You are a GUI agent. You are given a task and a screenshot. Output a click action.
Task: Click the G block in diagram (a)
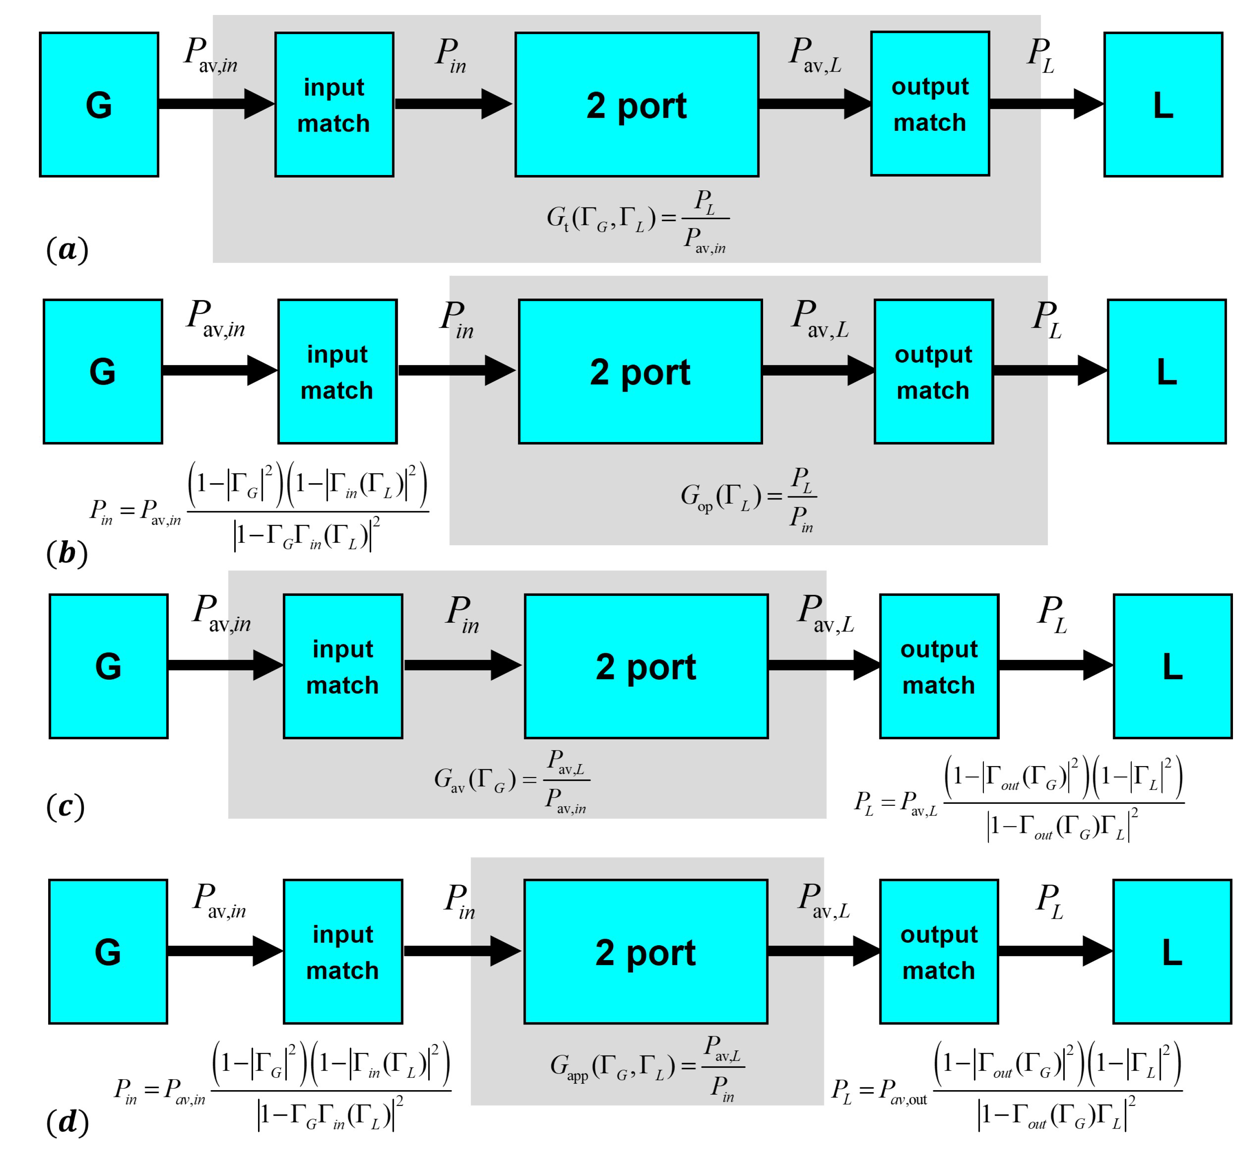(x=99, y=105)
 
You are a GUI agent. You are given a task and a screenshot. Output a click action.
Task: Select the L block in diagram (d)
(x=1172, y=952)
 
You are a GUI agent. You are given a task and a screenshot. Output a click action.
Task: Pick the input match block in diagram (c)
(x=342, y=666)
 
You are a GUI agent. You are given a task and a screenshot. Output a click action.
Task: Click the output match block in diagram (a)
(x=930, y=104)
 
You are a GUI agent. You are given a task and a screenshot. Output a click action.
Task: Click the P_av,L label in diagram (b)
(x=819, y=319)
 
